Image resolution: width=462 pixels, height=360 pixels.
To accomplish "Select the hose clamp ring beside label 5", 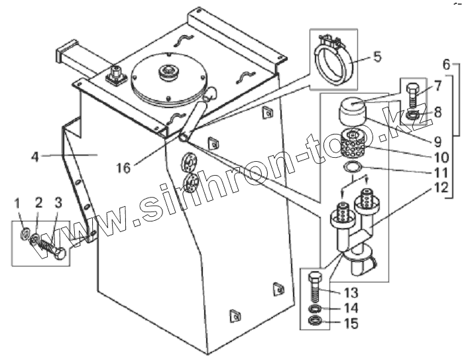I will point(335,62).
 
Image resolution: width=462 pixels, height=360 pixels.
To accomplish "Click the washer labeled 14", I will point(316,309).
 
